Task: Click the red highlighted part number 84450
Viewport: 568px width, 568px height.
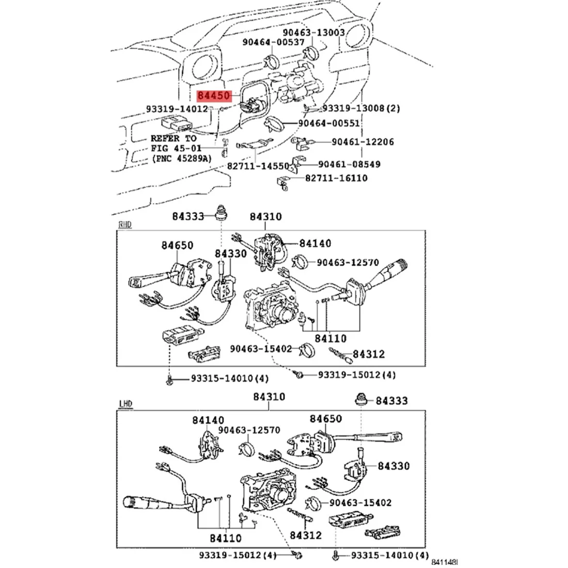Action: pos(214,96)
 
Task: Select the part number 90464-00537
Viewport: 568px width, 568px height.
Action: pos(274,42)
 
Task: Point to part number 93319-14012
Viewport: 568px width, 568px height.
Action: pos(177,109)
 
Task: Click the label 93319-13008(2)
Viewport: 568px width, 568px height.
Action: pos(361,108)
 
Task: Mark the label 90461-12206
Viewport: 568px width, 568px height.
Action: pos(362,141)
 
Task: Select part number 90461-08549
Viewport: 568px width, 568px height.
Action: pos(349,164)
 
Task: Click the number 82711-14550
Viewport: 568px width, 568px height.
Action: pos(258,166)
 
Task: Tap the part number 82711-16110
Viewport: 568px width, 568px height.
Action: pos(336,178)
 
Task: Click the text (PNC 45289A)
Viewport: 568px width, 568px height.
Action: pos(181,159)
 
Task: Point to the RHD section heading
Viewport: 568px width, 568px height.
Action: pos(125,225)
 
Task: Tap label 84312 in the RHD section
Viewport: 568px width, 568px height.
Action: pos(369,354)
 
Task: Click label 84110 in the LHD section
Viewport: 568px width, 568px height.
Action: pos(226,538)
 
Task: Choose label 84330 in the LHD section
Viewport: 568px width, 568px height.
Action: pos(393,466)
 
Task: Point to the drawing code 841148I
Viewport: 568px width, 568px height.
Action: pos(446,562)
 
